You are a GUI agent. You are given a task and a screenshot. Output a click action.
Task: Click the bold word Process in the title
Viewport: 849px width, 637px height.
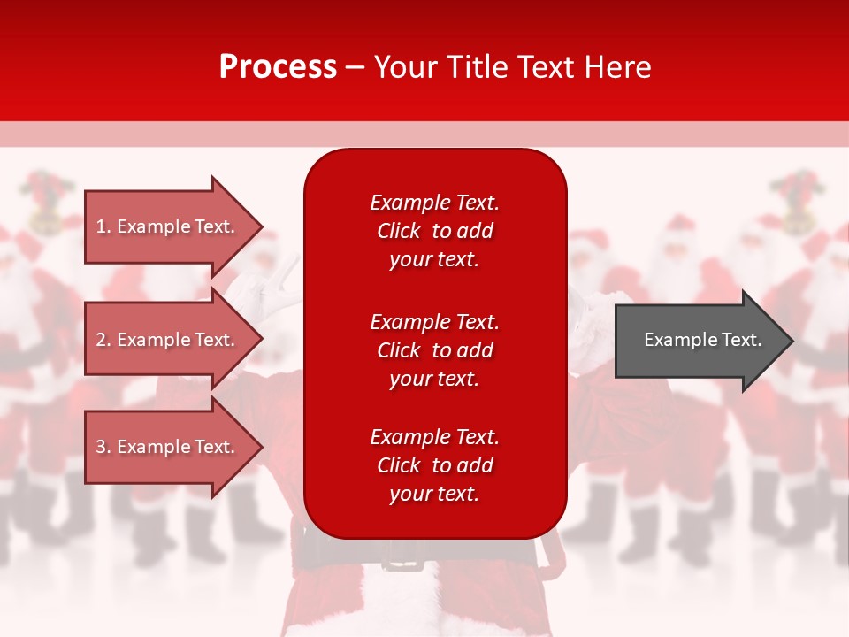pyautogui.click(x=278, y=67)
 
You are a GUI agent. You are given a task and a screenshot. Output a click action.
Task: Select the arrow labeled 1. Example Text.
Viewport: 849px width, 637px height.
pyautogui.click(x=168, y=226)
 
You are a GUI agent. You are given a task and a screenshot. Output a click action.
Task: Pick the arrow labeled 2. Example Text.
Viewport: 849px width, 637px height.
pyautogui.click(x=168, y=340)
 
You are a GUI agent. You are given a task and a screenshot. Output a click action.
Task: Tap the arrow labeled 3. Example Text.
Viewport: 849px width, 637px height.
pyautogui.click(x=168, y=447)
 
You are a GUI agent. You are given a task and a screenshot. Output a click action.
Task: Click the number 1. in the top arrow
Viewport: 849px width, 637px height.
pyautogui.click(x=103, y=226)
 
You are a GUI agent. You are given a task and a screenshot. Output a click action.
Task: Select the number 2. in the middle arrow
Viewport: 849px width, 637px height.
pyautogui.click(x=103, y=340)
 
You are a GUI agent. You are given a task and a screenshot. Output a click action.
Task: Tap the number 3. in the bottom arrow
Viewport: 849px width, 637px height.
pyautogui.click(x=103, y=447)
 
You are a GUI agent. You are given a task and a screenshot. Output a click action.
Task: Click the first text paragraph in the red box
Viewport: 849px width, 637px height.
pyautogui.click(x=434, y=231)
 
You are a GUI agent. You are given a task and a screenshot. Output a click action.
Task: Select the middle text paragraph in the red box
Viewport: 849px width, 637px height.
pyautogui.click(x=434, y=350)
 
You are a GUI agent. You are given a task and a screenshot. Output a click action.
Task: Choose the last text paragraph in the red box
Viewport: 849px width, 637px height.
pyautogui.click(x=434, y=465)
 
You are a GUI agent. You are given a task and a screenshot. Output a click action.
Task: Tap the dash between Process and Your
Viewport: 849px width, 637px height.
pyautogui.click(x=355, y=68)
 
